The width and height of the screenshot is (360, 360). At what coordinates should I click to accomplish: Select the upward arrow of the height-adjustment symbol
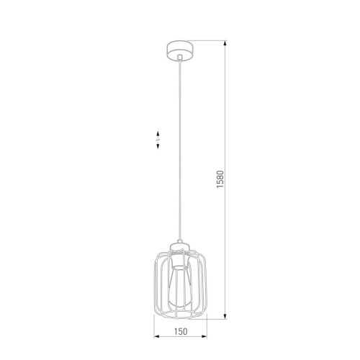pyautogui.click(x=158, y=135)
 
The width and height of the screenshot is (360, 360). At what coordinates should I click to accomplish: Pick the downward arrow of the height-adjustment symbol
pyautogui.click(x=158, y=145)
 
